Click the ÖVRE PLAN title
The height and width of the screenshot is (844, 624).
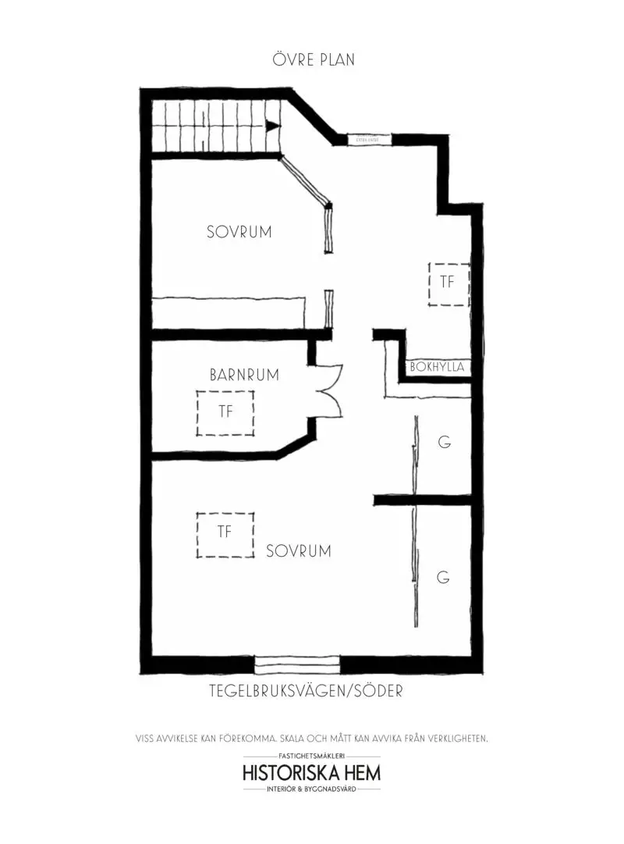[314, 59]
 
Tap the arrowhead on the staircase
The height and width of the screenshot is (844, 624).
[272, 126]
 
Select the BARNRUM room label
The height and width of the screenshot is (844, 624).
[244, 375]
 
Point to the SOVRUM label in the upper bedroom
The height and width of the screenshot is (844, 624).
[239, 232]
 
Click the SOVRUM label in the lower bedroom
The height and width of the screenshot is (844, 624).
[298, 550]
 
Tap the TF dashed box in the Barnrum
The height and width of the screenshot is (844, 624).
[225, 412]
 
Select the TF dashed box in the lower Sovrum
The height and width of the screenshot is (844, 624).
[225, 534]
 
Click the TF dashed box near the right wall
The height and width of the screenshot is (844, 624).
[448, 283]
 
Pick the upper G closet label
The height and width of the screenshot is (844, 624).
[444, 443]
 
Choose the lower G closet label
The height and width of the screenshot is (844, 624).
[443, 578]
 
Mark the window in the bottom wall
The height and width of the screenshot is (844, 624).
[298, 664]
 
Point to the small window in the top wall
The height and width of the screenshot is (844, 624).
[368, 138]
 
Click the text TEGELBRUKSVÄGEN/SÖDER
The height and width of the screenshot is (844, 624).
[306, 691]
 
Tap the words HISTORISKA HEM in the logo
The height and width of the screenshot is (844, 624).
[312, 774]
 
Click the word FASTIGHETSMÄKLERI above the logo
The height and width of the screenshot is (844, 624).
[312, 757]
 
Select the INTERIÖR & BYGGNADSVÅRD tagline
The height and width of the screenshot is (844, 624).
[312, 790]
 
